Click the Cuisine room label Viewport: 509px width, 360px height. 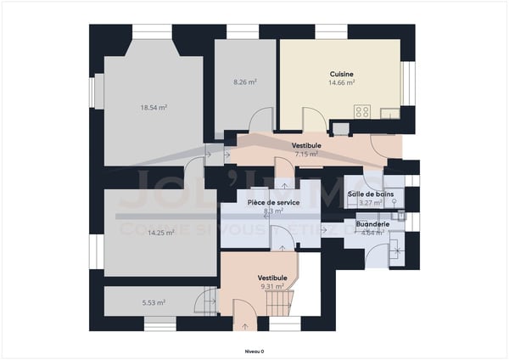click(342, 74)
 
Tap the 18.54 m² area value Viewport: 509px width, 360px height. click(154, 108)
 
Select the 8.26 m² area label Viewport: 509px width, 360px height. click(245, 82)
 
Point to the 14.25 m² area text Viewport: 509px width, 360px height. click(137, 232)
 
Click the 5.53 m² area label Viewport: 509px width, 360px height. click(153, 302)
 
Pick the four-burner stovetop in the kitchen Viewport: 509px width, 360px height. click(362, 111)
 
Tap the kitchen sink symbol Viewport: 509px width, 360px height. click(390, 113)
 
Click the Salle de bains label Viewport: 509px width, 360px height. click(371, 194)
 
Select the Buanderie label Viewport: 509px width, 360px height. click(374, 224)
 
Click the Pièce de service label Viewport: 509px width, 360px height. click(273, 203)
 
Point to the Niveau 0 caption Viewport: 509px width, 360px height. click(255, 351)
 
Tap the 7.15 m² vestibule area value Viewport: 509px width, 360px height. click(306, 155)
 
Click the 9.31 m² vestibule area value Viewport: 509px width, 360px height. click(272, 286)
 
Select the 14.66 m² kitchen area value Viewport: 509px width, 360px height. click(342, 82)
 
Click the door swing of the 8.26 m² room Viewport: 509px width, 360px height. click(260, 120)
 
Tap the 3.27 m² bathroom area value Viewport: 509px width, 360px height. click(371, 203)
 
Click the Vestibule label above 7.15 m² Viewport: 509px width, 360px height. click(306, 146)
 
